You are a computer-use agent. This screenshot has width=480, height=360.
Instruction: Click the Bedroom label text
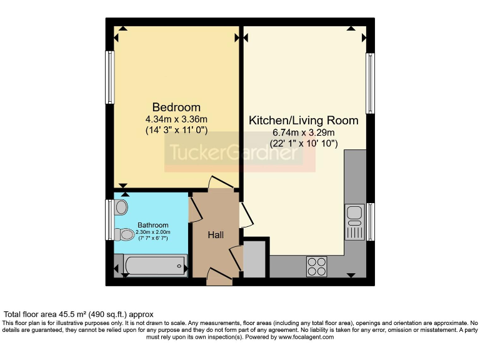pyautogui.click(x=176, y=107)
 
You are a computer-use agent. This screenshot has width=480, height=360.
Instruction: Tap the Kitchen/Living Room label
pyautogui.click(x=304, y=120)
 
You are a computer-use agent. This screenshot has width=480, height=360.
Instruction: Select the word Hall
pyautogui.click(x=216, y=234)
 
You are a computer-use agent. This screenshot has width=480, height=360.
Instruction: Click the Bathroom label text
pyautogui.click(x=153, y=225)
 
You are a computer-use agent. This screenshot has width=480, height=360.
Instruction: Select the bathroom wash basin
pyautogui.click(x=121, y=207)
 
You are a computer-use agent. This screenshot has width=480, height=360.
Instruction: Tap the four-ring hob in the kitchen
pyautogui.click(x=316, y=267)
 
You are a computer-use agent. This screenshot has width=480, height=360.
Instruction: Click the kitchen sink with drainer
pyautogui.click(x=354, y=222)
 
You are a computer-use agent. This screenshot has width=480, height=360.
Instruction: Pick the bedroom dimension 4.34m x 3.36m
pyautogui.click(x=176, y=119)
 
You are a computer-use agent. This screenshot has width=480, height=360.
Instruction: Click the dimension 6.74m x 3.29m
pyautogui.click(x=304, y=132)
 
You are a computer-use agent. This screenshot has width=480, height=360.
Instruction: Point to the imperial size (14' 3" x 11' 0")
pyautogui.click(x=176, y=130)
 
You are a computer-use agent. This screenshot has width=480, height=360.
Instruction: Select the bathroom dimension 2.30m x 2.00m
pyautogui.click(x=153, y=232)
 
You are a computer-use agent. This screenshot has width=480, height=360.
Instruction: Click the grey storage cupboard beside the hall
pyautogui.click(x=254, y=259)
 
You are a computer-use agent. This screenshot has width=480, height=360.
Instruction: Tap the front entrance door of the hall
pyautogui.click(x=219, y=277)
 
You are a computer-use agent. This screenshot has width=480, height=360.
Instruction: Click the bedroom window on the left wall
pyautogui.click(x=110, y=77)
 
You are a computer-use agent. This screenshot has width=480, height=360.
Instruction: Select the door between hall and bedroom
pyautogui.click(x=221, y=182)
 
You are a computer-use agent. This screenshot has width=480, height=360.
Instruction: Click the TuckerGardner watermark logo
pyautogui.click(x=240, y=154)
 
